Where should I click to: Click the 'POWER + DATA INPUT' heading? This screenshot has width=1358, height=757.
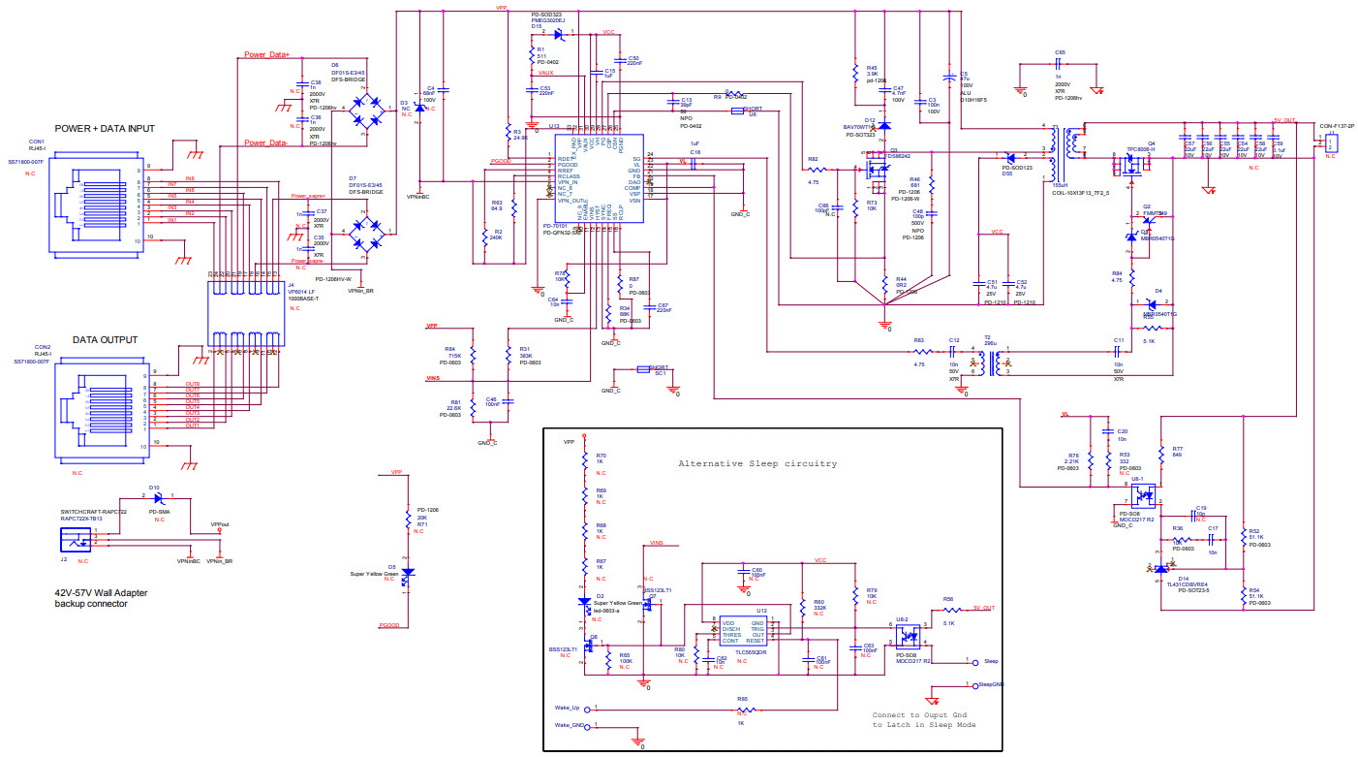[x=105, y=128]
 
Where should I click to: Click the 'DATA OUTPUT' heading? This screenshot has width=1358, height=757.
[x=105, y=340]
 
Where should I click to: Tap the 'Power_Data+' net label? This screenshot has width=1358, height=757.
[x=266, y=55]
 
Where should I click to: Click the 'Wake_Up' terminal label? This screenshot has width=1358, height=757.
[x=568, y=708]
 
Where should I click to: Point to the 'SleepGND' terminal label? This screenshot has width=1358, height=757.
[x=991, y=684]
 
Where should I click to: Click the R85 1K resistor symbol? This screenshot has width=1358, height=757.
[x=741, y=710]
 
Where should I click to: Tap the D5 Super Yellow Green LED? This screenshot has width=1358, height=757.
[x=407, y=572]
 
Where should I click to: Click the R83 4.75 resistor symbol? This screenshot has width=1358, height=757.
[x=918, y=351]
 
